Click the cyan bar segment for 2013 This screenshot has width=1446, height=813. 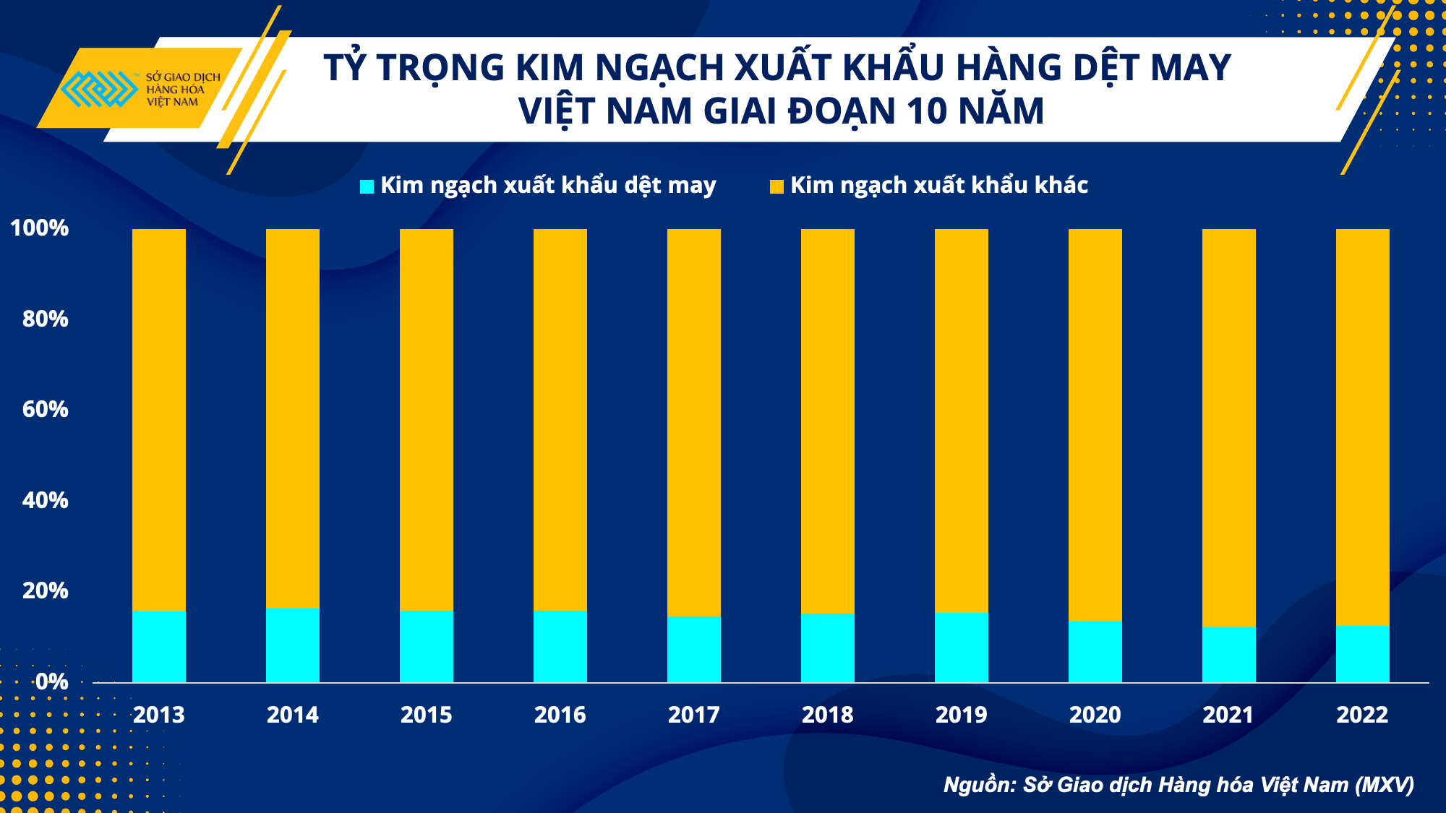[159, 647]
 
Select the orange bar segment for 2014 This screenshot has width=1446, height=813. [293, 418]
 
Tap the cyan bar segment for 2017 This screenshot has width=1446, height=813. [694, 650]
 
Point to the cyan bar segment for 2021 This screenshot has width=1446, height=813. [1229, 655]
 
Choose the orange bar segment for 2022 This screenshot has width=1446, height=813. [1363, 427]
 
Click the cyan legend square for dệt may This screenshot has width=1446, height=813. [367, 186]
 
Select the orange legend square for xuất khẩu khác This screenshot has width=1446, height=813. [777, 186]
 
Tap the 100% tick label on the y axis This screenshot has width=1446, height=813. [40, 228]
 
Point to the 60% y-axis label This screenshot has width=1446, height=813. [45, 410]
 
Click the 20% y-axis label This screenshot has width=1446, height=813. [45, 591]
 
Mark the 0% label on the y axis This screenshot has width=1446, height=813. [51, 681]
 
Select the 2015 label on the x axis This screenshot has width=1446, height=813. [427, 715]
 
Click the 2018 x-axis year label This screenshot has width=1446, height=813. [828, 715]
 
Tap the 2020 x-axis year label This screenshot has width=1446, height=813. [1095, 715]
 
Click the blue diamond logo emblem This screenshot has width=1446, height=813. [99, 89]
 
